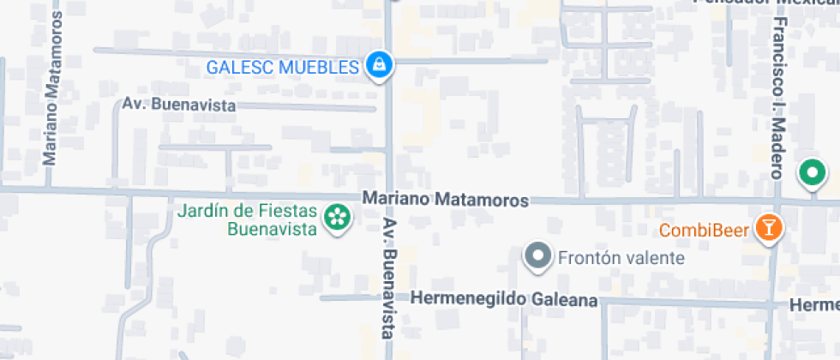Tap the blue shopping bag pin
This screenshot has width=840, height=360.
pos(378,64)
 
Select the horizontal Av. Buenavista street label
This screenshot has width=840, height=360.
pos(178,105)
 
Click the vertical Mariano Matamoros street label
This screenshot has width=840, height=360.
pos(51,101)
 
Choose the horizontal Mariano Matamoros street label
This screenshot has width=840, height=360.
pos(445,199)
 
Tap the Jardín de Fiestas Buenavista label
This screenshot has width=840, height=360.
pos(247,219)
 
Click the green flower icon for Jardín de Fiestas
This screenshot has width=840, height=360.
pos(337,219)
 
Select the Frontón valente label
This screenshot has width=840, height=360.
pos(621,257)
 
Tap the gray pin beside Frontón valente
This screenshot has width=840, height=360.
pos(538,255)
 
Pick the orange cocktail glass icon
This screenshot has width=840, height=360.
pos(768,228)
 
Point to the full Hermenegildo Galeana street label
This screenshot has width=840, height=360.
pos(504,300)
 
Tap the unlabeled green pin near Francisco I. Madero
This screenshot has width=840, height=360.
pos(810,174)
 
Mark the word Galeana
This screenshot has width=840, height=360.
pos(564,300)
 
